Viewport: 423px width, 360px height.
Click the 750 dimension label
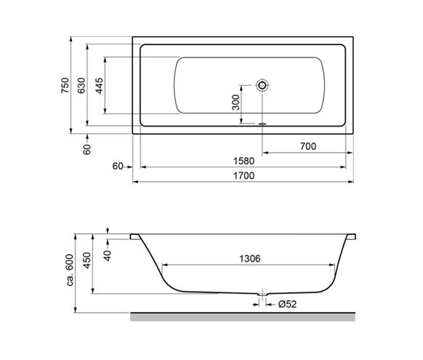tap(65, 85)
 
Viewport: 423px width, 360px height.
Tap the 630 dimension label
tap(81, 85)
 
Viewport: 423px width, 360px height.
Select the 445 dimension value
tap(100, 86)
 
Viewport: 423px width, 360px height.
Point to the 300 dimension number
tap(235, 103)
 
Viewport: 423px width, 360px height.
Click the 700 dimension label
tap(308, 146)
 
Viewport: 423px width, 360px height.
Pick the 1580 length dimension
tap(243, 161)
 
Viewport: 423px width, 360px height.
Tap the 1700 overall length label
tap(243, 176)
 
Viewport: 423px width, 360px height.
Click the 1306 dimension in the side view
tap(250, 259)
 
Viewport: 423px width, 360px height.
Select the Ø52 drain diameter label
tap(287, 304)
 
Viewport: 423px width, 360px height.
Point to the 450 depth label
tap(87, 260)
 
